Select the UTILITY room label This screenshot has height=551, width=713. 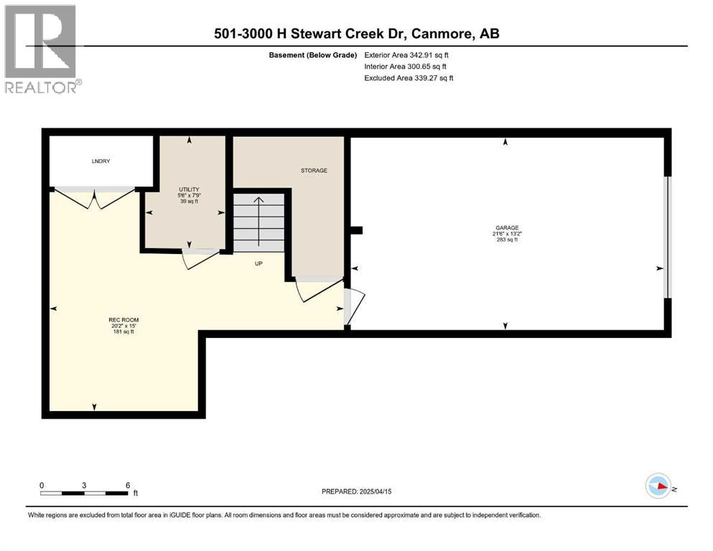click(x=190, y=189)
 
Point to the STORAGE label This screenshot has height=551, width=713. click(x=314, y=171)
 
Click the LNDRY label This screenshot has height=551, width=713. click(x=101, y=162)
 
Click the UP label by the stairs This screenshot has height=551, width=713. click(x=258, y=264)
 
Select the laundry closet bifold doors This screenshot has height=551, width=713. click(x=93, y=198)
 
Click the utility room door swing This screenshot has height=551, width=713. click(x=198, y=260)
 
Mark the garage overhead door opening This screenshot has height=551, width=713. click(x=667, y=237)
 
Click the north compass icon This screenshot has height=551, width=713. click(x=658, y=486)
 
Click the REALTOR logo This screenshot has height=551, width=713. click(x=41, y=49)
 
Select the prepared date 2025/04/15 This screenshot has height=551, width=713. click(x=356, y=491)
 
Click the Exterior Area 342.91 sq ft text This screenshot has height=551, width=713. click(x=407, y=55)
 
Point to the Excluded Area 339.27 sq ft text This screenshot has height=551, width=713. click(x=409, y=77)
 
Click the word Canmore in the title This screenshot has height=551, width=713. click(x=440, y=33)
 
